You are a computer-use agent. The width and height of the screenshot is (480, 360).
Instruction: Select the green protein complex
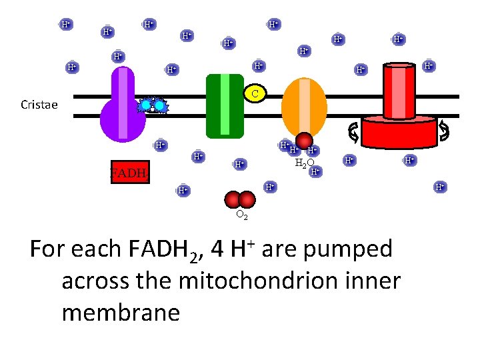coord(225,105)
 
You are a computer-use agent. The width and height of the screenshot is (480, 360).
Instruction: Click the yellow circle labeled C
coord(255,93)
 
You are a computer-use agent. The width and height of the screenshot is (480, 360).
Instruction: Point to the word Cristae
coord(39,105)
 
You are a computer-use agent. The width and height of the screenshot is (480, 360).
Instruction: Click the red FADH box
coord(129,173)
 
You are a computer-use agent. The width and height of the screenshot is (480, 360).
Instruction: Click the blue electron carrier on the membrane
coord(153,106)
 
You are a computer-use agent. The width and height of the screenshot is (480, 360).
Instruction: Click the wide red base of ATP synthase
coord(399,129)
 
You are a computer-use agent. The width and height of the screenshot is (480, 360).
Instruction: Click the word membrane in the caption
coord(121,312)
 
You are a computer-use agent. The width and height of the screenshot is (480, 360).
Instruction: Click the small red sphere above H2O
coord(304,141)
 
